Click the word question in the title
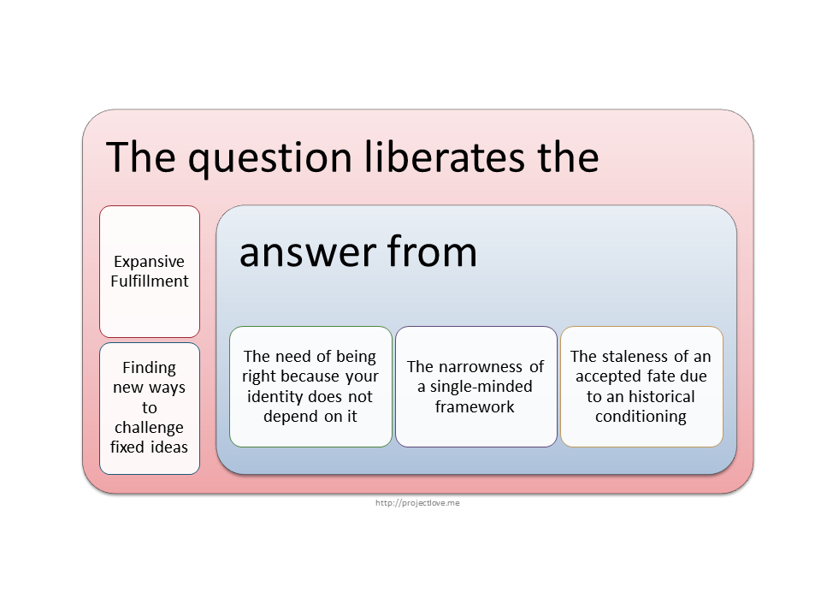(269, 159)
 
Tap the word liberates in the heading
(445, 157)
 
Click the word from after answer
(433, 251)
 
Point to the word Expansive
(149, 262)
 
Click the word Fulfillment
(149, 281)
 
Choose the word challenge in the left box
(149, 428)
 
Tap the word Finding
(149, 368)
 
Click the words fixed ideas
(149, 447)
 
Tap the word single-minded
(481, 387)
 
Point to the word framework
(475, 406)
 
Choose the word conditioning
(641, 417)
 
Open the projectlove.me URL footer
(417, 503)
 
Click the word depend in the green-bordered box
(291, 417)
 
